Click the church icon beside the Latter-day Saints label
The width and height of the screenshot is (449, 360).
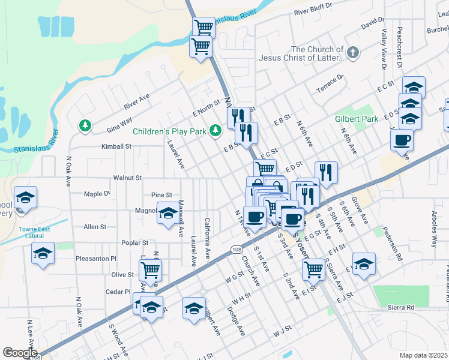353,53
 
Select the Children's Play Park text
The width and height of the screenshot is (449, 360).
169,131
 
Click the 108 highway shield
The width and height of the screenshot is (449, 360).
235,248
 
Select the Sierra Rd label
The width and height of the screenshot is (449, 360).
402,307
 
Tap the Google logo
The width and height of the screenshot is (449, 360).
19,353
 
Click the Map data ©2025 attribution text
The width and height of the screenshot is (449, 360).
423,355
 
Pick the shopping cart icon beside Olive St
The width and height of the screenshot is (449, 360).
150,270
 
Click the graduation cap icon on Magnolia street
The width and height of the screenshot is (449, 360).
167,212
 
